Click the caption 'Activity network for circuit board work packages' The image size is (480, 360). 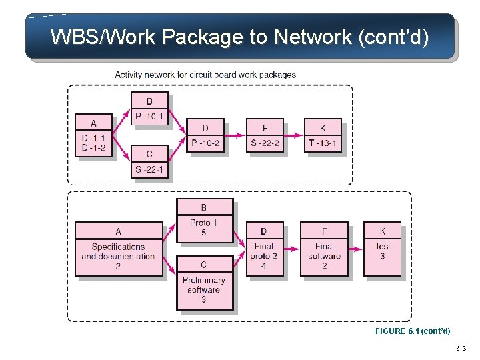(x=205, y=75)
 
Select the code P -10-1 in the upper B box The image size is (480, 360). (x=149, y=117)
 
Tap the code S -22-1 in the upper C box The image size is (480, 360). (x=149, y=169)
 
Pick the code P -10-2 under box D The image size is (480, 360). (x=205, y=143)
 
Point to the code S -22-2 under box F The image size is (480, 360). (x=265, y=143)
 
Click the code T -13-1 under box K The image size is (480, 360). (x=323, y=143)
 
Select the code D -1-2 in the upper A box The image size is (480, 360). (x=93, y=147)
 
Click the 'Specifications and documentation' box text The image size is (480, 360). (x=118, y=251)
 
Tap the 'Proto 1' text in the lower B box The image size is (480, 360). (x=203, y=223)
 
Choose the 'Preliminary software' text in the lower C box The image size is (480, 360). (x=204, y=285)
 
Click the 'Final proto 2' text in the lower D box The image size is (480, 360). (x=264, y=251)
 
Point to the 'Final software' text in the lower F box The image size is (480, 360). (x=324, y=251)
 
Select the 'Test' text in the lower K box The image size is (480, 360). (x=383, y=246)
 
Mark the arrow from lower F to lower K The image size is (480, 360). (x=356, y=249)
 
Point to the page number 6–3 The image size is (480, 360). (x=461, y=349)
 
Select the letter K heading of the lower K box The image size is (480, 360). (x=383, y=231)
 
